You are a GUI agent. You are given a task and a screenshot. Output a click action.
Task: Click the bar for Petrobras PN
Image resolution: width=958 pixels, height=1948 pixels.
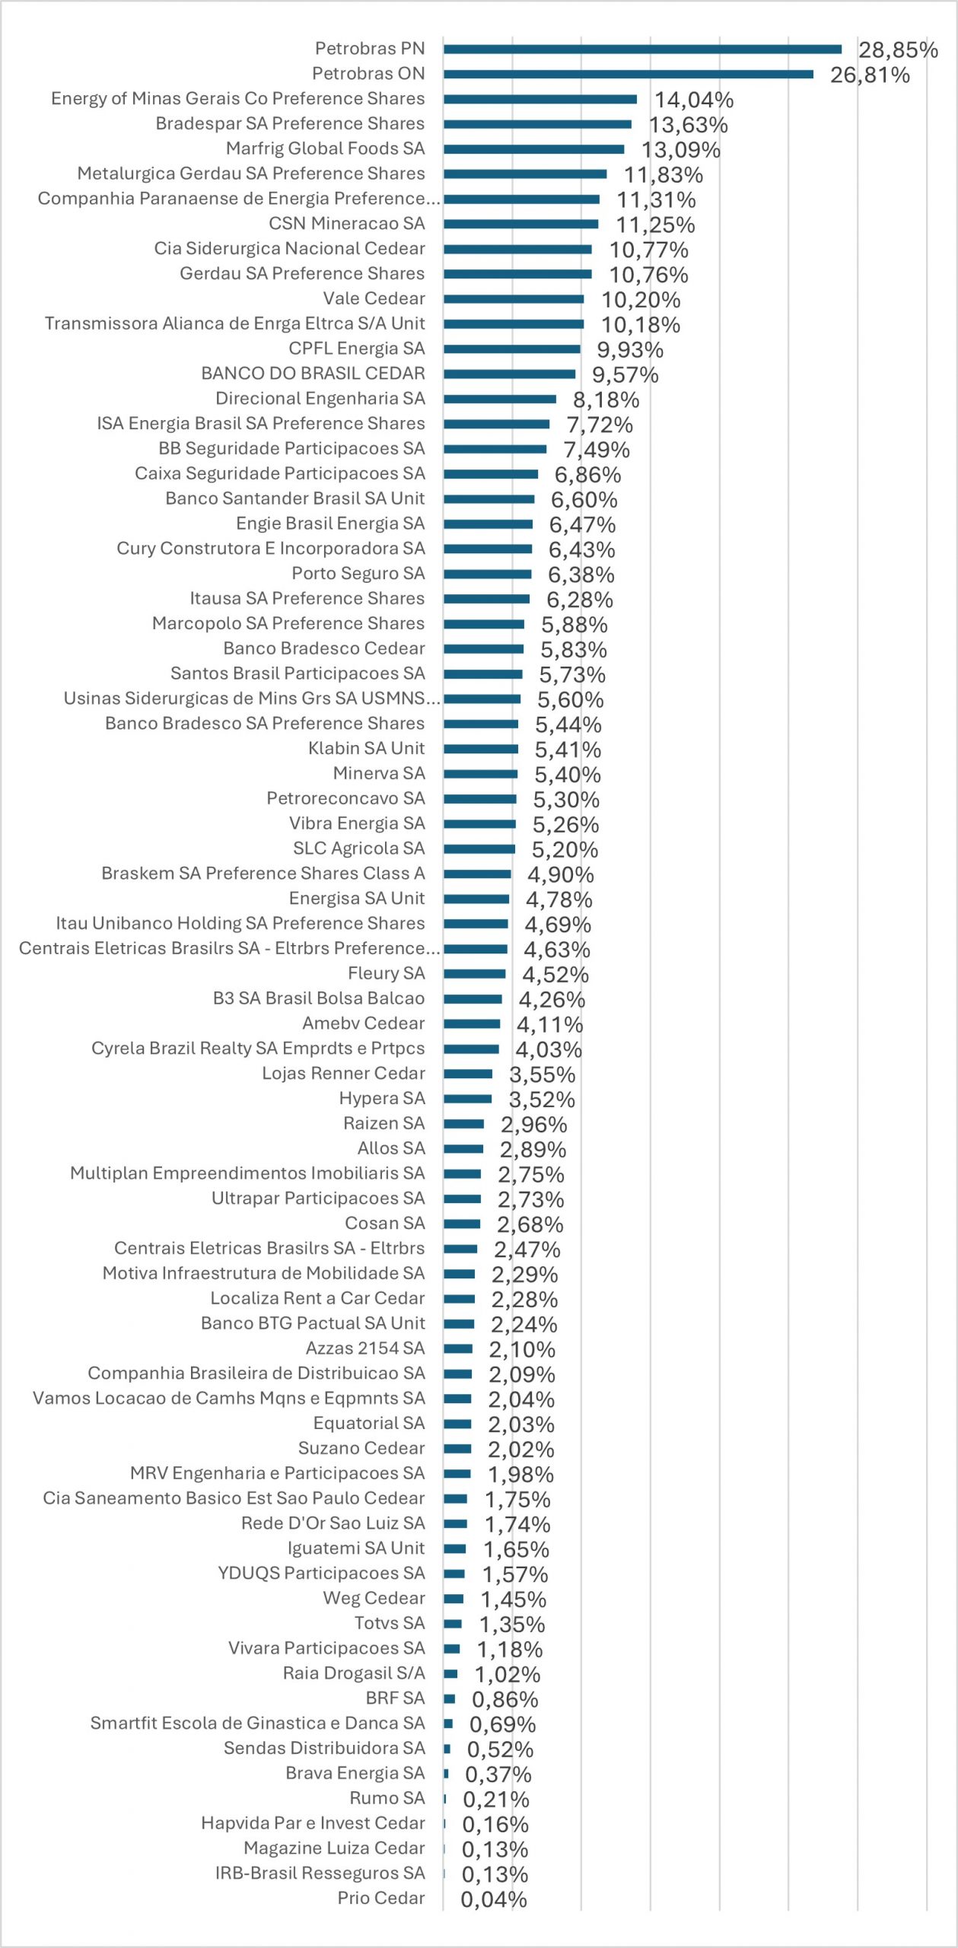pos(642,49)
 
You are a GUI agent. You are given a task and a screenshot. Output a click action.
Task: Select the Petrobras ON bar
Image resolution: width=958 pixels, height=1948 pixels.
pos(629,75)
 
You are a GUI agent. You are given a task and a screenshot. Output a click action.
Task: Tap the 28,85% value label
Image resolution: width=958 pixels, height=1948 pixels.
pos(898,50)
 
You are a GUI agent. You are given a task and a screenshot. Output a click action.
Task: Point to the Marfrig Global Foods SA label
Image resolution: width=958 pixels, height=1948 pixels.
pos(325,148)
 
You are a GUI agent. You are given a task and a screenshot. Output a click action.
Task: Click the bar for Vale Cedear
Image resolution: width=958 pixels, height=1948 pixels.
pos(514,299)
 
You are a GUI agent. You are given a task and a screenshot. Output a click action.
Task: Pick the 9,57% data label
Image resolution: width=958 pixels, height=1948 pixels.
pos(625,374)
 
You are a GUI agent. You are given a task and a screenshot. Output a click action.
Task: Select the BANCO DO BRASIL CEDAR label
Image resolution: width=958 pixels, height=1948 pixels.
pos(313,374)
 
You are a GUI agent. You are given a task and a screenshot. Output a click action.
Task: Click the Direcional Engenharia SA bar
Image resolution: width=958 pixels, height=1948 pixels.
pos(500,399)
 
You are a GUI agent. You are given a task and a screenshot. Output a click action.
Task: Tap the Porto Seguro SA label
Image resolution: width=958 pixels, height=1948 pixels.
pos(358,574)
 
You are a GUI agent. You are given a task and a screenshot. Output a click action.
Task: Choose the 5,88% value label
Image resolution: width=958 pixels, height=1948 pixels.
pos(574,625)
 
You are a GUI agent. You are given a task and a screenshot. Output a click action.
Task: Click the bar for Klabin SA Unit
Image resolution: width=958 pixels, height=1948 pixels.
pos(481,749)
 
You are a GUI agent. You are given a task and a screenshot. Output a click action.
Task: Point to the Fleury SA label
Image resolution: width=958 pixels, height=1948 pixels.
pos(386,973)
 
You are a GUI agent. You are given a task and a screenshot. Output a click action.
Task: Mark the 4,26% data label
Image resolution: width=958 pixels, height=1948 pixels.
pos(552,999)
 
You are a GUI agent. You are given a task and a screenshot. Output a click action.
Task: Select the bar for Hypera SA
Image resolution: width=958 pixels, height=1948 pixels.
pos(468,1099)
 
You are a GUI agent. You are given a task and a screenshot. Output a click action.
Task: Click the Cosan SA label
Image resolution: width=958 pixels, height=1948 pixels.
pos(384,1224)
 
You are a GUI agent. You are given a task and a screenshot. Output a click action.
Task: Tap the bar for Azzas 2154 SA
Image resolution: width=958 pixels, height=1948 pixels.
pos(458,1348)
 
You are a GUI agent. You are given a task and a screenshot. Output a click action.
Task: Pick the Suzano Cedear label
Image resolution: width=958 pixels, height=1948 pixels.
pos(361,1448)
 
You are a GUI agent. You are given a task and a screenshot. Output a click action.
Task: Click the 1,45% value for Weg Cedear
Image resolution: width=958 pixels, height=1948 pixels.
pos(513,1599)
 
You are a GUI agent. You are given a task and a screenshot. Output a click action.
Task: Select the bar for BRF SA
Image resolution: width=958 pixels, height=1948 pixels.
pos(450,1698)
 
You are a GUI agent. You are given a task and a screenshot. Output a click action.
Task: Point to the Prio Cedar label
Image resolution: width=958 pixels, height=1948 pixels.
pos(380,1899)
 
